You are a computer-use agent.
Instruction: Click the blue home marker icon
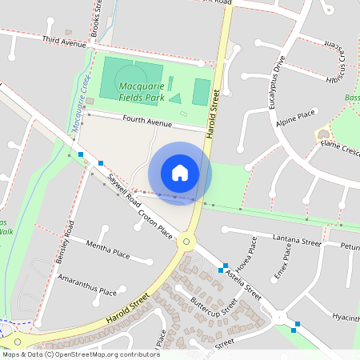(180, 173)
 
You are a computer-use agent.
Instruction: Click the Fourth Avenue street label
(147, 122)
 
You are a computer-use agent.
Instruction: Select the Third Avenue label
(64, 41)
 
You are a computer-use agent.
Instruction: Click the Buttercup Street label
(214, 308)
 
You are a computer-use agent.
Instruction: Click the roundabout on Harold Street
(187, 241)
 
